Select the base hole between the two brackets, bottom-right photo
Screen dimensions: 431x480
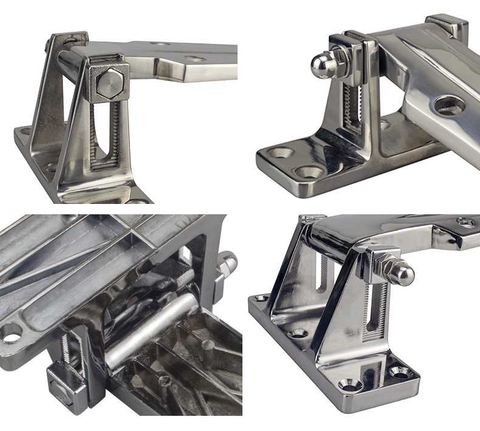coord(298,333)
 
